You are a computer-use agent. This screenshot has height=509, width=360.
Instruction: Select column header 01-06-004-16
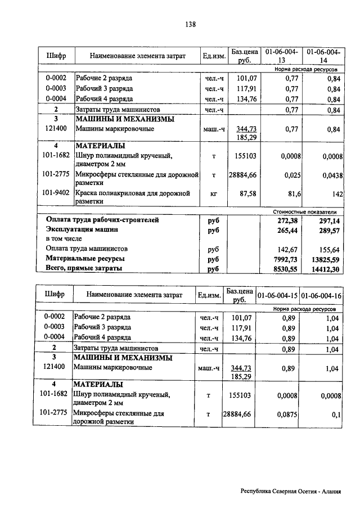tap(322, 295)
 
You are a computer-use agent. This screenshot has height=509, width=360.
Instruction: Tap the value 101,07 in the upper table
tap(247, 78)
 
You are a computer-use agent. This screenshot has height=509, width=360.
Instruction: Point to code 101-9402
tap(56, 193)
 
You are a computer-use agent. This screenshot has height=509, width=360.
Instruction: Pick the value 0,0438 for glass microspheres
tap(331, 175)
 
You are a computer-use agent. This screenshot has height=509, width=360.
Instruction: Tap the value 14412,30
tap(327, 269)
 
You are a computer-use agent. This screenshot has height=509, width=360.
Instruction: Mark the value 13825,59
tap(327, 259)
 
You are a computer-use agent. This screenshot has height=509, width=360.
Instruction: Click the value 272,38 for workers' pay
tap(287, 220)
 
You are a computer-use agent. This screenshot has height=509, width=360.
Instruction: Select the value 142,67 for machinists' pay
tap(287, 248)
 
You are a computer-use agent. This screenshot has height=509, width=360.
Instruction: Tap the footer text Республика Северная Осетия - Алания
tap(291, 491)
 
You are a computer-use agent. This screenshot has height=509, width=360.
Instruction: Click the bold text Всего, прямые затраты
tap(84, 269)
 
